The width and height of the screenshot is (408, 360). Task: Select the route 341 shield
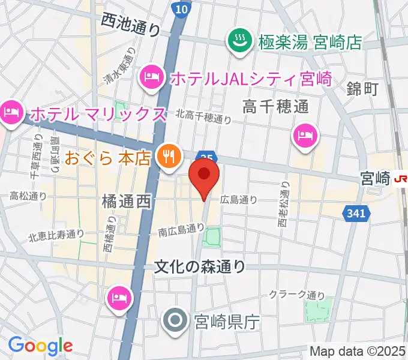(353, 212)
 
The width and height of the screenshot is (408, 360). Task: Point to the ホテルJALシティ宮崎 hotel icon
(150, 77)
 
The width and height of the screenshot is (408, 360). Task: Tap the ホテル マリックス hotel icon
(11, 112)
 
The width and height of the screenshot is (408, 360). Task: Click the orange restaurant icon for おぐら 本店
(166, 157)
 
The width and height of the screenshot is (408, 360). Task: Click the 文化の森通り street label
(200, 265)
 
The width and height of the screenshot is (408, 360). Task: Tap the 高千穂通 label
(275, 107)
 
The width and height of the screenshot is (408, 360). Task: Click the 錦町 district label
(362, 89)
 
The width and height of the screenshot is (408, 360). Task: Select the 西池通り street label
(131, 23)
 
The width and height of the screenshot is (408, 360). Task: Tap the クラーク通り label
(296, 295)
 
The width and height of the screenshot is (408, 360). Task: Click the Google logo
(40, 345)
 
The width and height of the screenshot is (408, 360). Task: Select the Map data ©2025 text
(357, 351)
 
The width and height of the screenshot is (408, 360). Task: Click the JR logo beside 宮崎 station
(400, 178)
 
